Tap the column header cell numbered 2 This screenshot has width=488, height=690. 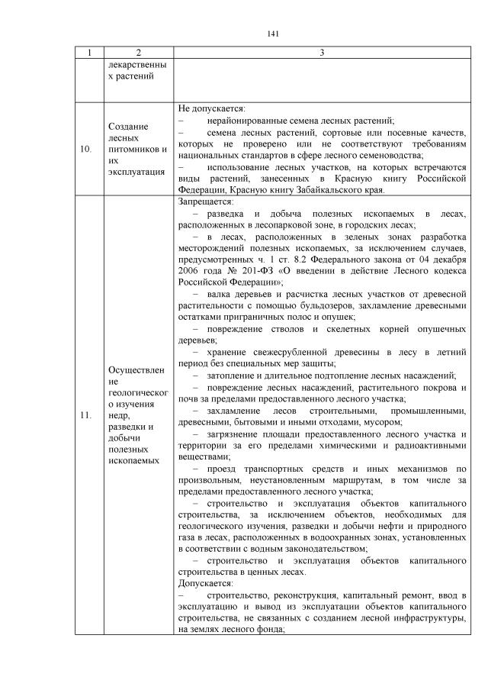(x=138, y=52)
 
